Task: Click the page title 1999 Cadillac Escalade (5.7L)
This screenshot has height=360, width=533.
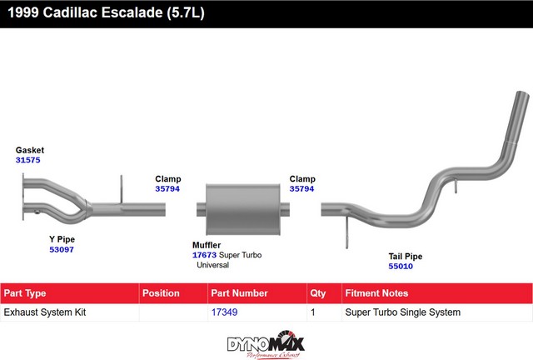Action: (106, 12)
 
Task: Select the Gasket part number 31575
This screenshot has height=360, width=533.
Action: (27, 160)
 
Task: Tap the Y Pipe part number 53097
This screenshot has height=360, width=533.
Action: (62, 249)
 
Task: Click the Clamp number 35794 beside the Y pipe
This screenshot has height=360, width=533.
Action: (167, 188)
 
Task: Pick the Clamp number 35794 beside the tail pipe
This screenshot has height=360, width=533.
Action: (301, 188)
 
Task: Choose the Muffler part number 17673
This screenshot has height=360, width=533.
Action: (204, 255)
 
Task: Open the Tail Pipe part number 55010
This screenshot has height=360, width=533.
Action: (401, 266)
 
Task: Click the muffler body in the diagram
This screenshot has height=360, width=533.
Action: (242, 209)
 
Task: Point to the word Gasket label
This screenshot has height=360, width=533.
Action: (30, 150)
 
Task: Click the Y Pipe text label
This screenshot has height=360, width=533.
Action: (62, 239)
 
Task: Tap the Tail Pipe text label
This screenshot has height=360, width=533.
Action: (406, 256)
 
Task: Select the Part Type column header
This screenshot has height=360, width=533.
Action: (25, 293)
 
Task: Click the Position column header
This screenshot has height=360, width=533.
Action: (161, 293)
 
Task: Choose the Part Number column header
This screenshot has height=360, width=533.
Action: (239, 293)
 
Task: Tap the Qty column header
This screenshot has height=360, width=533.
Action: (318, 293)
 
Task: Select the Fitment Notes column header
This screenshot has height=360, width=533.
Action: (376, 293)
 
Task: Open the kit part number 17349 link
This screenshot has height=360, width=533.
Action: (224, 312)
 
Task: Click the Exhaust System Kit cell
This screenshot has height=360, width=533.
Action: (45, 312)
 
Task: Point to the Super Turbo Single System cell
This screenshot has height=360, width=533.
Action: (403, 312)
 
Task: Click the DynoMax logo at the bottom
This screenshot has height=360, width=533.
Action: (266, 344)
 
